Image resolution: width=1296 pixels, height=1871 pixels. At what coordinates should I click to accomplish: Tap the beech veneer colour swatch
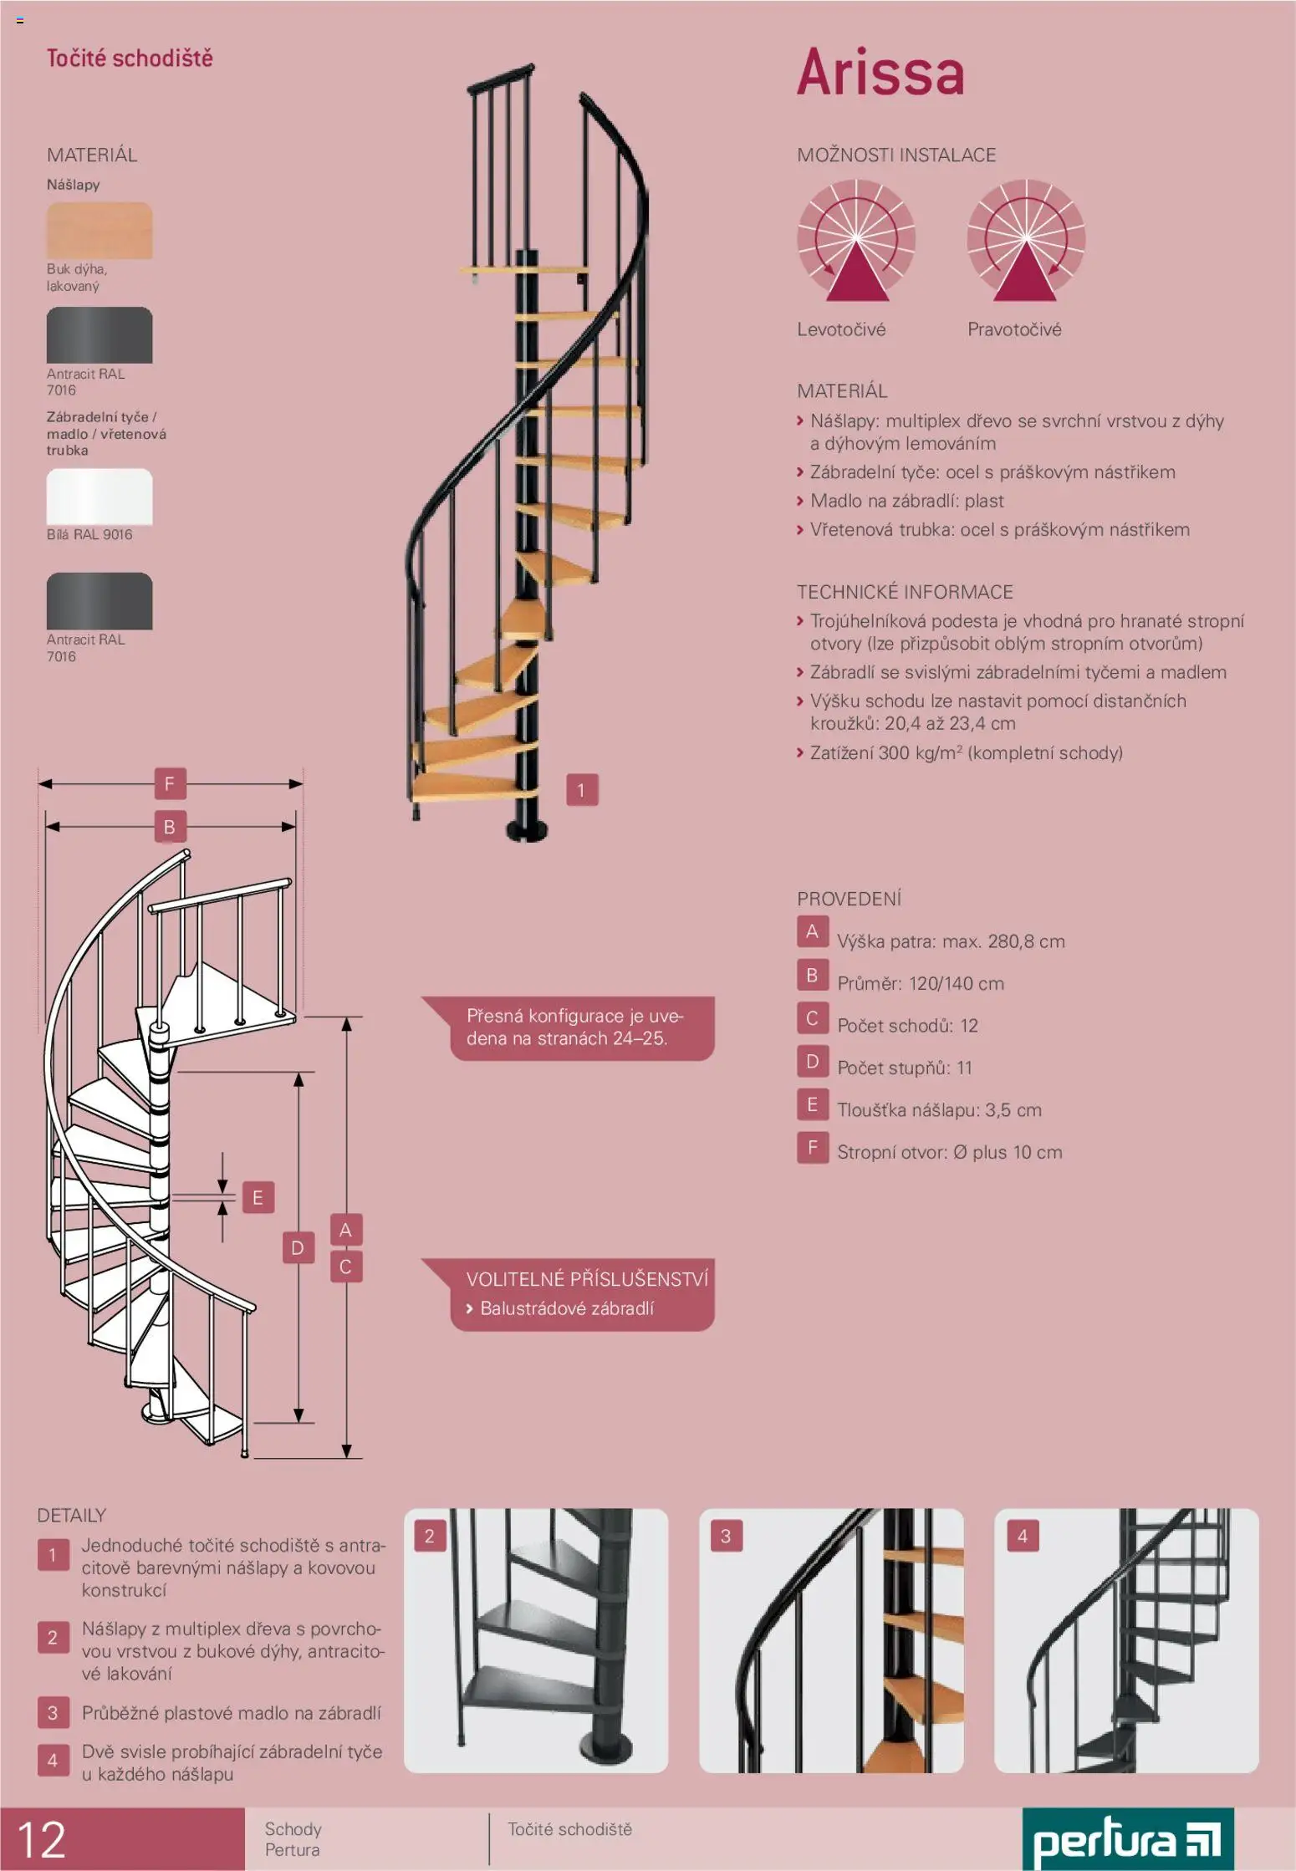[x=99, y=230]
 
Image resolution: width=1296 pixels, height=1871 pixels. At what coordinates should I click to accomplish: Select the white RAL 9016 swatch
[x=99, y=497]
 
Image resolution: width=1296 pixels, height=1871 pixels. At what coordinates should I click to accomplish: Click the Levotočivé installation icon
[x=856, y=240]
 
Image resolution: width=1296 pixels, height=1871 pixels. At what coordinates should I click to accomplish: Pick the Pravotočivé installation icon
[x=1026, y=240]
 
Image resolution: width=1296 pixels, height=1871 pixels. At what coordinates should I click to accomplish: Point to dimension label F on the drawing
[x=170, y=784]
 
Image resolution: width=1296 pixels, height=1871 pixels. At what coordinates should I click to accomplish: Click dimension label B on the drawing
[x=170, y=827]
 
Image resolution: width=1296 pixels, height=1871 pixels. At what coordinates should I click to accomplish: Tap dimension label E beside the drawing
[x=258, y=1197]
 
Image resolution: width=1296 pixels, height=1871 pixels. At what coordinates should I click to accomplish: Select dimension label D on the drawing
[x=298, y=1248]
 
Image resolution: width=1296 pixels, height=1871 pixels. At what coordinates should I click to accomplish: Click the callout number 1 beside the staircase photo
[x=582, y=790]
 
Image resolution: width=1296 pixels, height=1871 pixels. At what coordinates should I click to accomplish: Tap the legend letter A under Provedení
[x=812, y=931]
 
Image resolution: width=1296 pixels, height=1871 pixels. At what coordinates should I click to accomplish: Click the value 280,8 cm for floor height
[x=1026, y=941]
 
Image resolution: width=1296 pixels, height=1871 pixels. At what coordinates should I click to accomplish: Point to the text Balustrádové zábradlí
[x=567, y=1308]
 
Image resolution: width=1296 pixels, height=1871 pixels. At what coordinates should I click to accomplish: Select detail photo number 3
[x=831, y=1640]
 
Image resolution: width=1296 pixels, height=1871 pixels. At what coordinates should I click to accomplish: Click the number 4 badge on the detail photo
[x=1022, y=1536]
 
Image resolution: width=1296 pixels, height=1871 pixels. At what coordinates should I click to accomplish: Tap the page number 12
[x=42, y=1839]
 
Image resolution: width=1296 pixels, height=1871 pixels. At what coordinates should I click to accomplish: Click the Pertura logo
[x=1127, y=1840]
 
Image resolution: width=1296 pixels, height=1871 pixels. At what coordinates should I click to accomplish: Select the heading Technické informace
[x=905, y=592]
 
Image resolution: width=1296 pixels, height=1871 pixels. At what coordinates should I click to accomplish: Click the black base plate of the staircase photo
[x=528, y=830]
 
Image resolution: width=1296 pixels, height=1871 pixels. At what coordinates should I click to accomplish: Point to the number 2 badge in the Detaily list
[x=53, y=1637]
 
